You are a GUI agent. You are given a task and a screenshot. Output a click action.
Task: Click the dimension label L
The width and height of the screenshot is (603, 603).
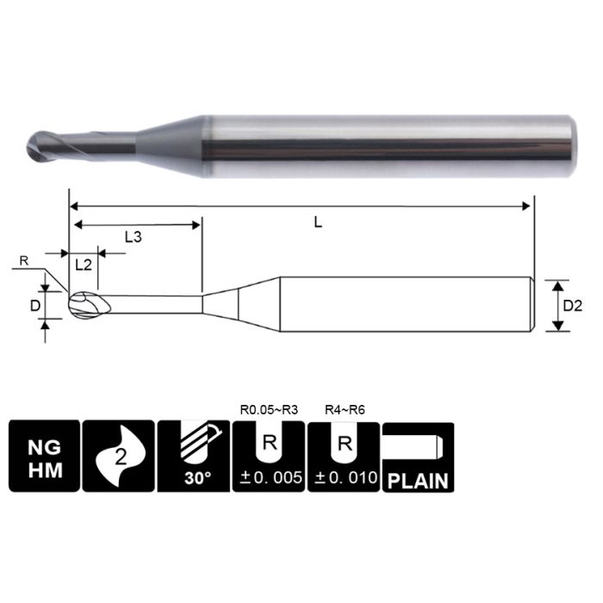[x=318, y=222]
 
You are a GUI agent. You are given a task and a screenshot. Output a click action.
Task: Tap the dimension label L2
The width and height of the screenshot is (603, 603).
[x=84, y=265]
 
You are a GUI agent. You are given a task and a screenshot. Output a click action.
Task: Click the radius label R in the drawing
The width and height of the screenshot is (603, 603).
[x=23, y=259]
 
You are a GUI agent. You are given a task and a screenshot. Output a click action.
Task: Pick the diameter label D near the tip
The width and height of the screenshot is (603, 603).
[x=35, y=304]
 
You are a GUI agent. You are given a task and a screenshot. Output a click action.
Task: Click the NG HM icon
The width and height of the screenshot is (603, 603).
[x=44, y=456]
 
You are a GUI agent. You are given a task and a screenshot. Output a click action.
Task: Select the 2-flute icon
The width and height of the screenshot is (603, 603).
[x=118, y=456]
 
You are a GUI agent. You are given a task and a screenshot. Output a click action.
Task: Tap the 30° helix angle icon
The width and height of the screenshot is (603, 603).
[x=193, y=456]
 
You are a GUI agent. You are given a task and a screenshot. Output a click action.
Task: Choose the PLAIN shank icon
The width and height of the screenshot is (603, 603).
[x=418, y=456]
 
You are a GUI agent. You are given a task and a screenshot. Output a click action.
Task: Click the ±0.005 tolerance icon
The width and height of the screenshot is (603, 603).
[x=268, y=456]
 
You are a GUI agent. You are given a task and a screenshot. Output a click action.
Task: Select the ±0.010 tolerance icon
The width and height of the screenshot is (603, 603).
[x=343, y=456]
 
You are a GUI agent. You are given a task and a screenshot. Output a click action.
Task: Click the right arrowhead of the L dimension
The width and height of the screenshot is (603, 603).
[x=527, y=206]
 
